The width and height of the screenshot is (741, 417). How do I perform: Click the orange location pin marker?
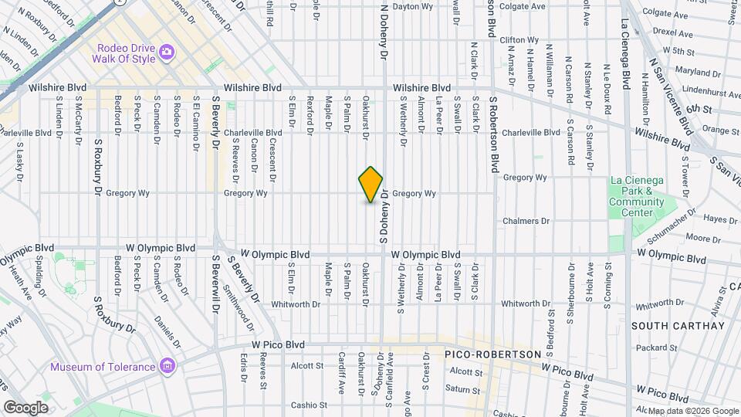pos(371,185)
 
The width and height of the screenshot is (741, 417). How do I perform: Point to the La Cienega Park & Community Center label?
pos(636,196)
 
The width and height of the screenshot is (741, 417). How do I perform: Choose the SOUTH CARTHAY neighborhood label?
pos(678,326)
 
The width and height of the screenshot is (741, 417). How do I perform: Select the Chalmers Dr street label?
pos(526,221)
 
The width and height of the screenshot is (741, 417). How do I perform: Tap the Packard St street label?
pos(656,348)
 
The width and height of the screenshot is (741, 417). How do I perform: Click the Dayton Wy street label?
pos(412,6)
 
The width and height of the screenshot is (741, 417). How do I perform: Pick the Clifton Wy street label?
pos(519,39)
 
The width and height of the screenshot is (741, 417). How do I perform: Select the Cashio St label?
pos(309,405)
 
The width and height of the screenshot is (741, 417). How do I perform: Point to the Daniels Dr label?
pos(167,332)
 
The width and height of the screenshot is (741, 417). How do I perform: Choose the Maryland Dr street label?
pos(691,72)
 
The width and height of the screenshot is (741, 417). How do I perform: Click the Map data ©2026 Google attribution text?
pos(693,411)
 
